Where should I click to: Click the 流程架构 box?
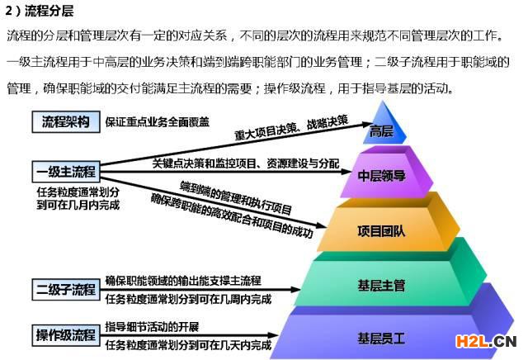pyautogui.click(x=66, y=121)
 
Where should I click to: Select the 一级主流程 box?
pyautogui.click(x=66, y=172)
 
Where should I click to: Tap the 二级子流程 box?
pyautogui.click(x=66, y=289)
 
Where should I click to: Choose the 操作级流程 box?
pyautogui.click(x=66, y=335)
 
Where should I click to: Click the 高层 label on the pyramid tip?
pyautogui.click(x=381, y=130)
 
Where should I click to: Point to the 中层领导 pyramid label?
pyautogui.click(x=381, y=176)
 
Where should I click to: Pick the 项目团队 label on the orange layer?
pyautogui.click(x=381, y=231)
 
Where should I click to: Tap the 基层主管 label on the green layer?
pyautogui.click(x=381, y=286)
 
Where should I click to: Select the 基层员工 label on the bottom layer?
pyautogui.click(x=381, y=338)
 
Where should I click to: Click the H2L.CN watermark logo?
pyautogui.click(x=486, y=342)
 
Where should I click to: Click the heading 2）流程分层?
pyautogui.click(x=40, y=11)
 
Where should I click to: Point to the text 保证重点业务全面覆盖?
pyautogui.click(x=158, y=122)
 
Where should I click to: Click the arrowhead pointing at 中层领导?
pyautogui.click(x=346, y=172)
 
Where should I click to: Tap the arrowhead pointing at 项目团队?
pyautogui.click(x=321, y=225)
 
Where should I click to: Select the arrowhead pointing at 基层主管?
pyautogui.click(x=295, y=289)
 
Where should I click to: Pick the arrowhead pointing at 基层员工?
pyautogui.click(x=273, y=335)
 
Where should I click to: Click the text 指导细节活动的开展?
pyautogui.click(x=152, y=327)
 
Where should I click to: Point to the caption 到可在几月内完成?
pyautogui.click(x=78, y=205)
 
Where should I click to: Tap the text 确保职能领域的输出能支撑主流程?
pyautogui.click(x=183, y=281)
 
